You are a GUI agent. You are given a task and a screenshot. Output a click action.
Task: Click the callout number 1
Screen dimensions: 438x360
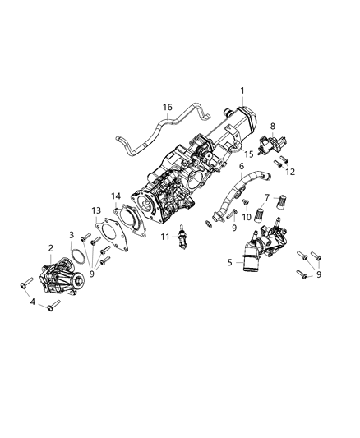tap(242, 90)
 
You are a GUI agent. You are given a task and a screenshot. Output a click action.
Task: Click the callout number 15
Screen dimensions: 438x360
tap(248, 154)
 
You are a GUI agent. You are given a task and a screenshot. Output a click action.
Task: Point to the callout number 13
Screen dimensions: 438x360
tap(96, 210)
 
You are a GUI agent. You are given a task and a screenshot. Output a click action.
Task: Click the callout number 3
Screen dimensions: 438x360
tap(72, 236)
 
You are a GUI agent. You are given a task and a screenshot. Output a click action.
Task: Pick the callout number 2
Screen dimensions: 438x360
tap(51, 248)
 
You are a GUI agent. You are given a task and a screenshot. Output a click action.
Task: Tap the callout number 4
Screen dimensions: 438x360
tap(34, 302)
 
